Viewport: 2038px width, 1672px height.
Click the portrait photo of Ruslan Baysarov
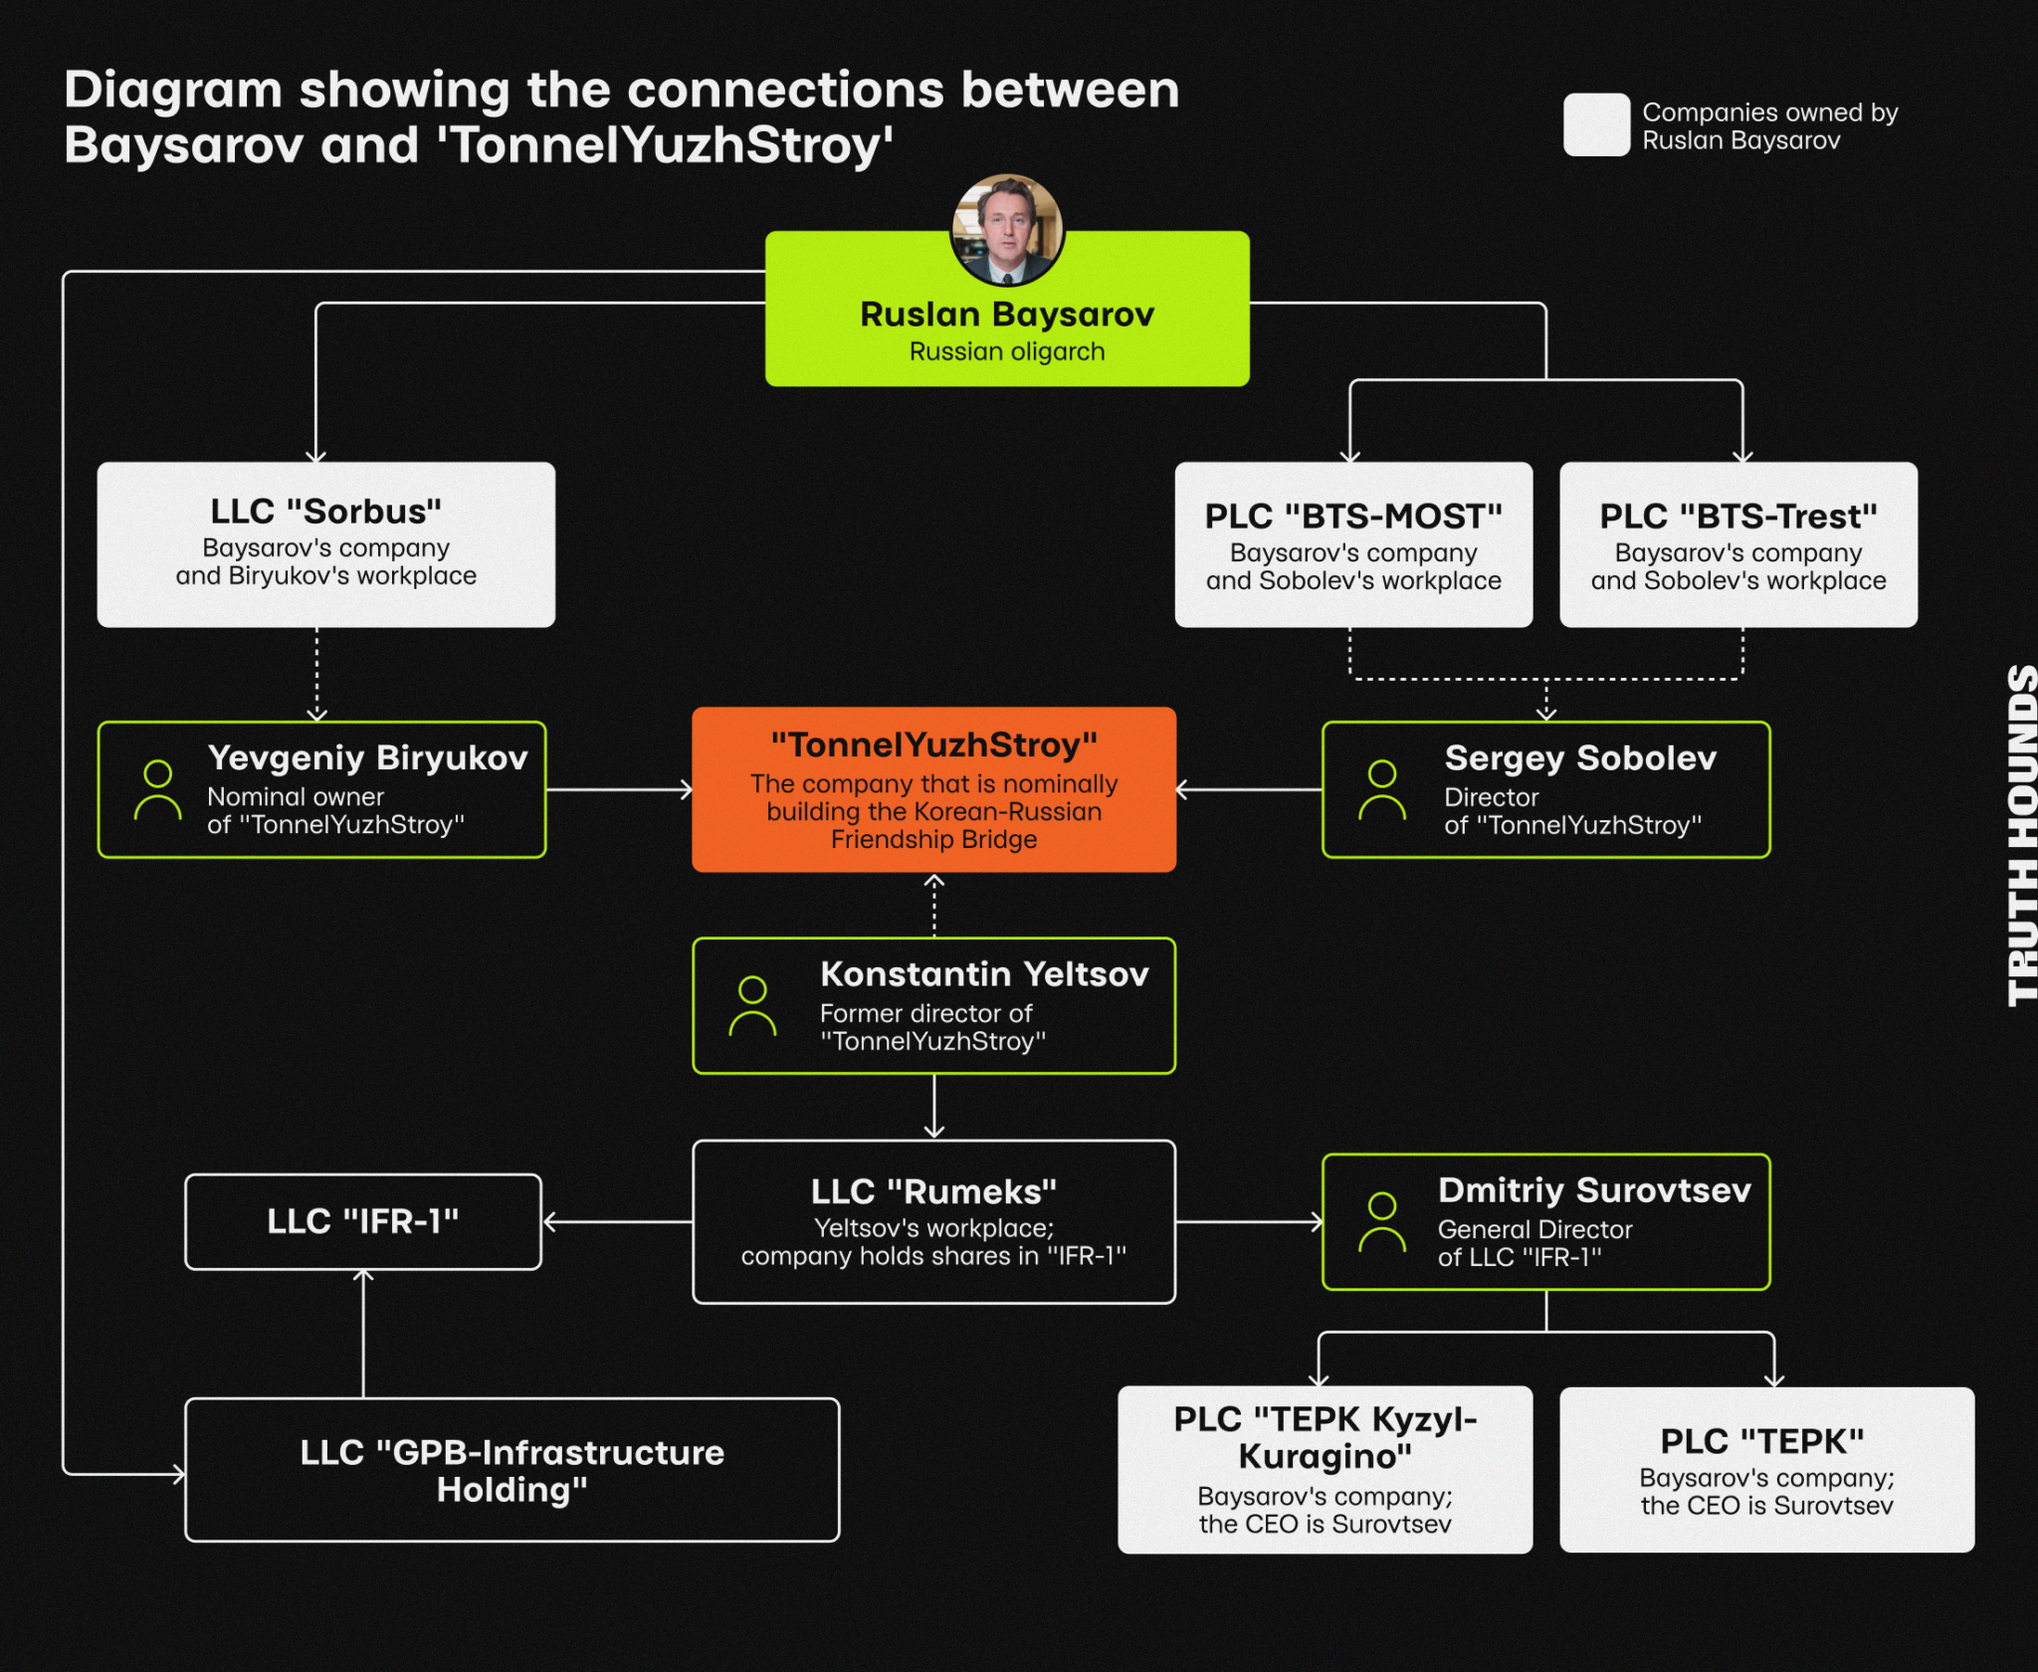[1007, 231]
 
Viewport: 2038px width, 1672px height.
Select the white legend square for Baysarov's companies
[1596, 124]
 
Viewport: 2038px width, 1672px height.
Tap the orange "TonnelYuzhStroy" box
[933, 789]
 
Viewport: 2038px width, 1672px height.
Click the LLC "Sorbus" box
[325, 544]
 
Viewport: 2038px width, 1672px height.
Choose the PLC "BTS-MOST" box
[1353, 544]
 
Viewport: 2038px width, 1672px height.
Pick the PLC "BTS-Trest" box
[1738, 544]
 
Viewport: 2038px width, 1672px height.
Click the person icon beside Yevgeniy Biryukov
[158, 790]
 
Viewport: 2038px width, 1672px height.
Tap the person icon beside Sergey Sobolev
[1382, 790]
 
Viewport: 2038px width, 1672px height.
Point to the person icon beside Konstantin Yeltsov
[752, 1006]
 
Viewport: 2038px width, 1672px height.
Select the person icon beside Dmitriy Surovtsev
[1382, 1222]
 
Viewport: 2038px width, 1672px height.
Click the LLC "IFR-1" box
[363, 1221]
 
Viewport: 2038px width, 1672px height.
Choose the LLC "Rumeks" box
[933, 1221]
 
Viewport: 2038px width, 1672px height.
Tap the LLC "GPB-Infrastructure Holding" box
[511, 1470]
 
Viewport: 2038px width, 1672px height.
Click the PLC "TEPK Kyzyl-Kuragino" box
[1325, 1470]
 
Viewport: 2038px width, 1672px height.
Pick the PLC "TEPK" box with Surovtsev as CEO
[1766, 1470]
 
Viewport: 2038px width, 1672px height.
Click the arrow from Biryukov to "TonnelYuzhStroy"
[619, 790]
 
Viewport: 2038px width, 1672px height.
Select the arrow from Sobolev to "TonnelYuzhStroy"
[1249, 790]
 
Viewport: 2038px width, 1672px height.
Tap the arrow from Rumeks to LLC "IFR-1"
[618, 1222]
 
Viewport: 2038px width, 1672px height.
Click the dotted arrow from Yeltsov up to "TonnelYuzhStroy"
[933, 906]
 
